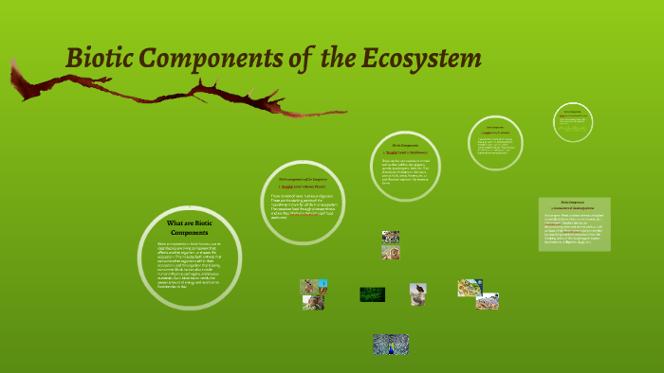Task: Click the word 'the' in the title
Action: pos(339,59)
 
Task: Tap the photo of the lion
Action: pos(390,253)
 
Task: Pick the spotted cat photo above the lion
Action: pos(390,237)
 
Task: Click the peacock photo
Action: pos(390,344)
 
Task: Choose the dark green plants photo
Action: pos(372,294)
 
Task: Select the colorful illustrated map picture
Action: pos(470,287)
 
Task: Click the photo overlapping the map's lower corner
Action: pos(488,301)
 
